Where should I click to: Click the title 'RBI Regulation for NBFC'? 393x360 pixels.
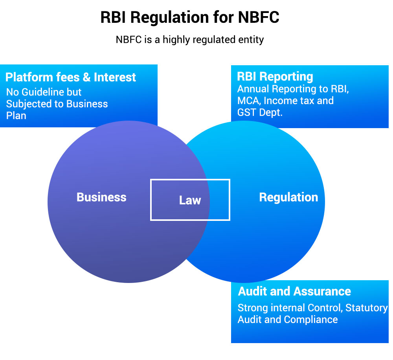pos(190,18)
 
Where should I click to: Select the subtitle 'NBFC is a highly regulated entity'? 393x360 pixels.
pos(190,40)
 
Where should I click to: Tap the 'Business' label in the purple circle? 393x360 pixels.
pos(101,197)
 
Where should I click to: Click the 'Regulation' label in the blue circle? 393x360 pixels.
pos(288,197)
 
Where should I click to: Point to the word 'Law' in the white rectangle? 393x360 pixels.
pos(190,200)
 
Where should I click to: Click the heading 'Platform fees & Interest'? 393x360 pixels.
pos(71,77)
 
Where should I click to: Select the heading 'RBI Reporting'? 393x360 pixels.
pos(275,76)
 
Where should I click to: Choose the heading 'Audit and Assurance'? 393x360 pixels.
pos(294,291)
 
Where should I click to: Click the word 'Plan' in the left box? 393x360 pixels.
pos(16,116)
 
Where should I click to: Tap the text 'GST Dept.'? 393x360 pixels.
pos(260,112)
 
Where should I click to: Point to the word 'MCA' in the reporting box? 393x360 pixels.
pos(248,101)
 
